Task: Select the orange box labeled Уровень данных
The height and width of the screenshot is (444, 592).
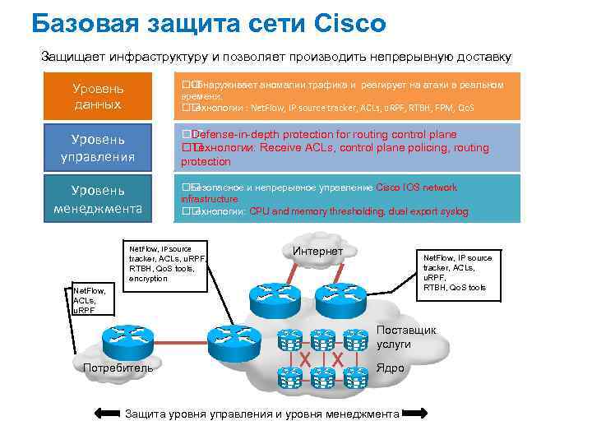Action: point(98,96)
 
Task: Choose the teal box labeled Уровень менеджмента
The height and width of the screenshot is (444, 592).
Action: point(98,197)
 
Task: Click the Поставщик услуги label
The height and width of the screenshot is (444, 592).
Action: point(406,337)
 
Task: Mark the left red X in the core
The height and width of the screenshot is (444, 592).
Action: point(305,358)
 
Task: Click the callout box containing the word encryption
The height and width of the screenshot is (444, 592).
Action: point(165,262)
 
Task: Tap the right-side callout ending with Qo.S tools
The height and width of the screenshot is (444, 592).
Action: point(456,272)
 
